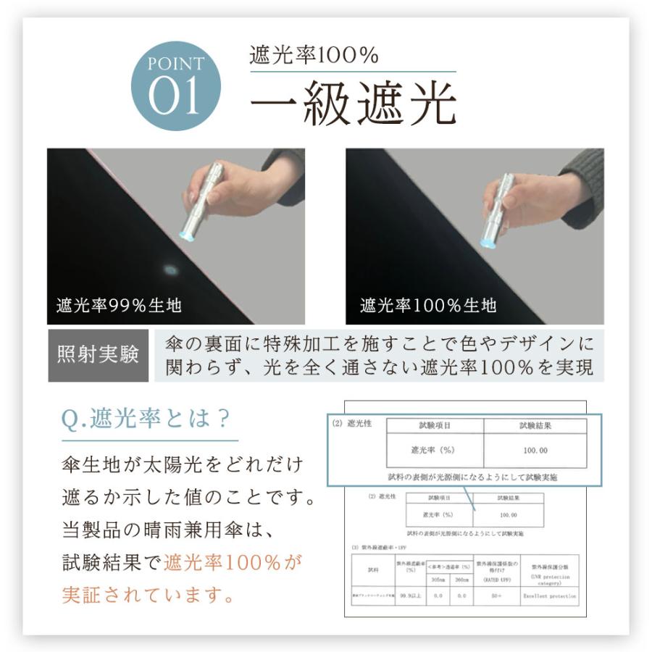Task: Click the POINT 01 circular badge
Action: point(175,85)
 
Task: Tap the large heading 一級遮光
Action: point(353,104)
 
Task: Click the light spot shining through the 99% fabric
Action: point(171,270)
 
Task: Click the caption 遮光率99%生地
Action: point(119,305)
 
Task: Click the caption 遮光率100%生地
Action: point(428,305)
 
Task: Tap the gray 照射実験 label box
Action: point(98,356)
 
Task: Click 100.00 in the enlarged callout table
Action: point(535,451)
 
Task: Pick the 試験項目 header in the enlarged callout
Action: point(435,426)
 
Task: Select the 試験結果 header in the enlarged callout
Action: point(535,426)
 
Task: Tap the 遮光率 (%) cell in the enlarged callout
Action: point(433,451)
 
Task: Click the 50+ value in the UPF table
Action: point(496,595)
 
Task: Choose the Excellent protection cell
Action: point(550,595)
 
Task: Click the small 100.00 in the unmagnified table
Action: point(508,515)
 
